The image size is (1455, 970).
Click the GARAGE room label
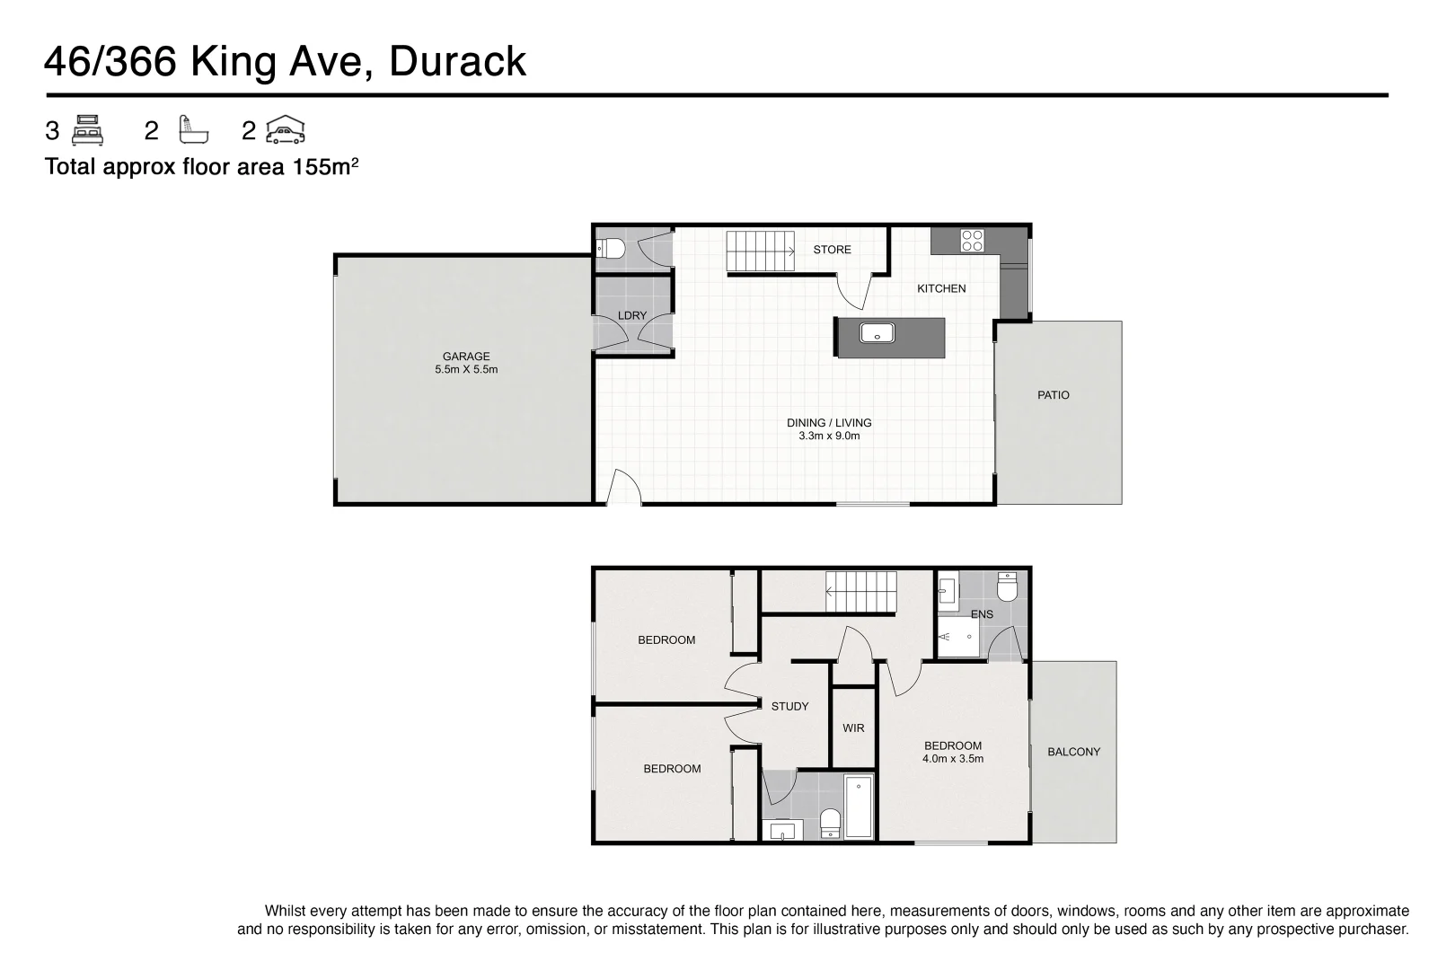(465, 357)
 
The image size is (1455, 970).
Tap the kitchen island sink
(876, 333)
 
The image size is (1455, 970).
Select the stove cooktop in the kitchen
(973, 240)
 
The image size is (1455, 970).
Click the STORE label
(832, 250)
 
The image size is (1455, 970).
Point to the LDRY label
(632, 315)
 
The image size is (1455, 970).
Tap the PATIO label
(1053, 395)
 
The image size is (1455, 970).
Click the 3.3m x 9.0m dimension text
(829, 436)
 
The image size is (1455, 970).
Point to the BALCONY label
(1073, 752)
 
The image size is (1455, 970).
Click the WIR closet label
(853, 727)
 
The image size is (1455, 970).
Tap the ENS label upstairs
(982, 614)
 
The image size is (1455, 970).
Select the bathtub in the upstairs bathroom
(859, 807)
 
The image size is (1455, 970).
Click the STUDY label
(789, 706)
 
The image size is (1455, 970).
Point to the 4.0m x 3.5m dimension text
(953, 759)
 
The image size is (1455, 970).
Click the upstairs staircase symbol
(860, 593)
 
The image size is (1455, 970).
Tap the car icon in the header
(286, 131)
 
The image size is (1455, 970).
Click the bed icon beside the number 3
(87, 131)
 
